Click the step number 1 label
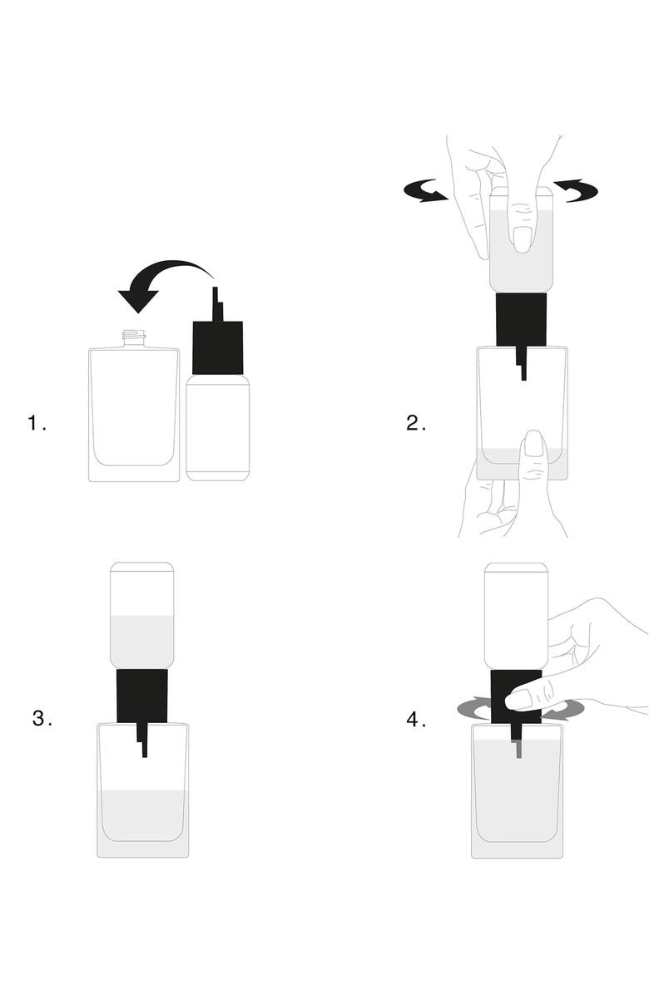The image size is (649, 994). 37,423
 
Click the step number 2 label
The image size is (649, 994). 415,423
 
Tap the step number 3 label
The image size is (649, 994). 42,719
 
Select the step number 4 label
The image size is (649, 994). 416,720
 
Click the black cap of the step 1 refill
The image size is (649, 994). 218,347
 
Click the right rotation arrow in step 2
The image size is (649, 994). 576,190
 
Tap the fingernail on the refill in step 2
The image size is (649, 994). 522,239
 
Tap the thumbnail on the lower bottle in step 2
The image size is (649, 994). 534,444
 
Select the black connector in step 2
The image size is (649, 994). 522,320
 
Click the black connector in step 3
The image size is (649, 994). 142,696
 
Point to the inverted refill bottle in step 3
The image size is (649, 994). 142,616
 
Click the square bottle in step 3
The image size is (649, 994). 143,790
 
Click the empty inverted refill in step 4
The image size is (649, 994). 517,616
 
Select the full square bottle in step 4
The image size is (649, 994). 517,792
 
